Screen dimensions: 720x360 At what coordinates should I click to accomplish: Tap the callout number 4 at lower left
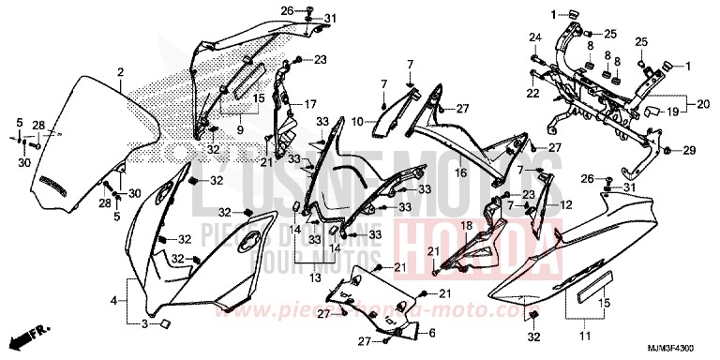[113, 301]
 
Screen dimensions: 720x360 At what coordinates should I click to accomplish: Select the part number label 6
[431, 333]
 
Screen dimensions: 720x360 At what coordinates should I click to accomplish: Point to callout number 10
[358, 121]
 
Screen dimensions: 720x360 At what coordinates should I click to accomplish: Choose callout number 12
[565, 204]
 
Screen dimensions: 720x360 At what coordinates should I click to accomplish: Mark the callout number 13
[315, 277]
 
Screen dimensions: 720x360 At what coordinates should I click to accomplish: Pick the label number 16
[460, 172]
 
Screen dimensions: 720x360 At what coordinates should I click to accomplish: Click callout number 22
[532, 94]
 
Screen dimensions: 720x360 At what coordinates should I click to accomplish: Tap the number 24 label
[534, 37]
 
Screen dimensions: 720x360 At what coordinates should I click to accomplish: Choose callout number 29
[689, 150]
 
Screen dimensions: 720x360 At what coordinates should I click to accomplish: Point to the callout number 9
[240, 129]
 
